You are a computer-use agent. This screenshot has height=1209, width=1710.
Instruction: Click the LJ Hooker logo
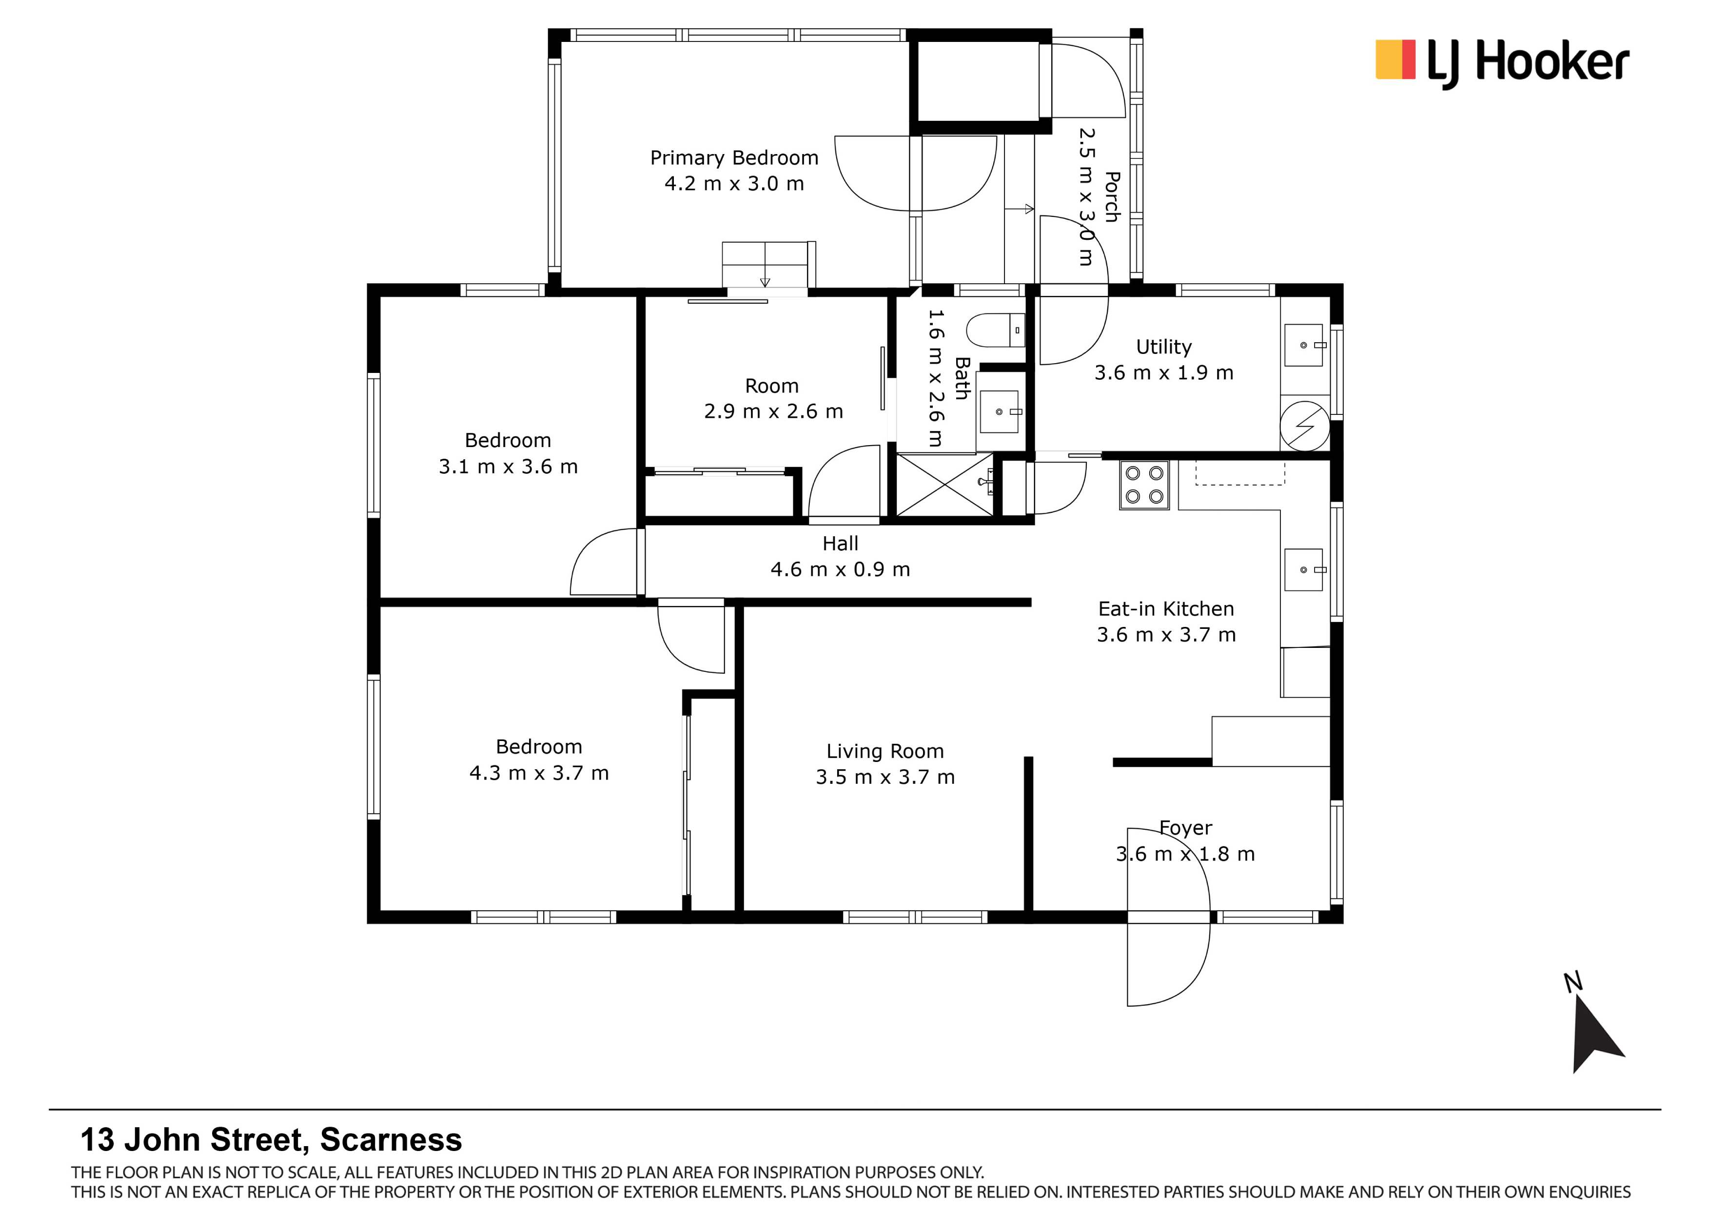(1501, 63)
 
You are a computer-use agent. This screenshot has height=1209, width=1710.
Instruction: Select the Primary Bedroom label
(734, 158)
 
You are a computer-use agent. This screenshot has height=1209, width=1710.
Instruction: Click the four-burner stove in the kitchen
(1144, 485)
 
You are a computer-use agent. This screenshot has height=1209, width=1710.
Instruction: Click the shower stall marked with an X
(944, 485)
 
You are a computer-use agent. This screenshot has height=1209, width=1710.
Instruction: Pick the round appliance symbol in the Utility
(1304, 427)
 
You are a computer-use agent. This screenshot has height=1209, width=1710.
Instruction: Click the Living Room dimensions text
(885, 777)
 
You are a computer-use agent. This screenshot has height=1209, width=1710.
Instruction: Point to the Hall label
(840, 544)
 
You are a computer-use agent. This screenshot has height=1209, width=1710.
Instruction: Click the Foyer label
(1186, 828)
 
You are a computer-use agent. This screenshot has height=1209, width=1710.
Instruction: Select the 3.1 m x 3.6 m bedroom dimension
(508, 467)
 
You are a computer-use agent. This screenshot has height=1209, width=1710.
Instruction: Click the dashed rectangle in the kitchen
(1240, 473)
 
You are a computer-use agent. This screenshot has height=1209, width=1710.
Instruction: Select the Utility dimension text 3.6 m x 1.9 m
(1163, 373)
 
